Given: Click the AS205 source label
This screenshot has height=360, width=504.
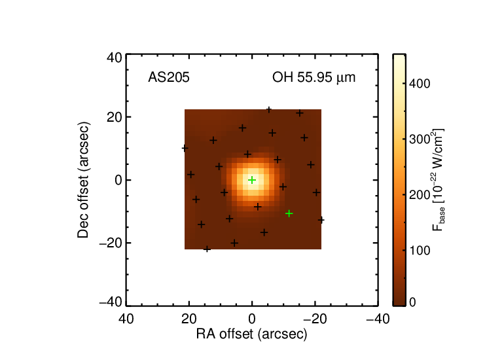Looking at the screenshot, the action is click(169, 77).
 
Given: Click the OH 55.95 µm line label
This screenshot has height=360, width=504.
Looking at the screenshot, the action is click(314, 77).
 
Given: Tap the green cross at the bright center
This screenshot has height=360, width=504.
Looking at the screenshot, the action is click(252, 180).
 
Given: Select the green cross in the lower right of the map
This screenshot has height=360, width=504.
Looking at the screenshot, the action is click(289, 213).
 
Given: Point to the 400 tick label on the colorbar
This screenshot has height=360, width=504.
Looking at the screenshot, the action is click(420, 84).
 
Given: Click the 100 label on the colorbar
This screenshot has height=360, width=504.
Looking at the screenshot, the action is click(420, 251).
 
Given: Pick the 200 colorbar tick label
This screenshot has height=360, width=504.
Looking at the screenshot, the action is click(420, 195).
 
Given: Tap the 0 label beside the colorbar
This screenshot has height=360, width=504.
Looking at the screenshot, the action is click(413, 302).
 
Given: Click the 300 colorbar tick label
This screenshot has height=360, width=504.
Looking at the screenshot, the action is click(420, 139).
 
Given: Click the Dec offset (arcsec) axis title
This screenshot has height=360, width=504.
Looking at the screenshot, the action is click(83, 180).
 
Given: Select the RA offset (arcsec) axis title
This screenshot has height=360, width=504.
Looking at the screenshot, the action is click(252, 334).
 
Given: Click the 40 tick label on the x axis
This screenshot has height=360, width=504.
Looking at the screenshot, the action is click(126, 319).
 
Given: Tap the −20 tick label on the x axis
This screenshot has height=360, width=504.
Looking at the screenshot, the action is click(315, 319).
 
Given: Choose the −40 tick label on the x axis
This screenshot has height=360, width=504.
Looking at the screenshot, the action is click(378, 319).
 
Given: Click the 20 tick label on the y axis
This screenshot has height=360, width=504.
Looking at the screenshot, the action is click(115, 117).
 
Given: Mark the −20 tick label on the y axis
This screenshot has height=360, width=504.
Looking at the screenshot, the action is click(111, 243).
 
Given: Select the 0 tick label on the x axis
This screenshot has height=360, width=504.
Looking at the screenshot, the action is click(252, 319).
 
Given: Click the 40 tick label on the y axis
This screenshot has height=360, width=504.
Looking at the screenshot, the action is click(115, 58).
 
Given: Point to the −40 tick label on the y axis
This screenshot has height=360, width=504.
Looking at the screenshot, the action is click(111, 302).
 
